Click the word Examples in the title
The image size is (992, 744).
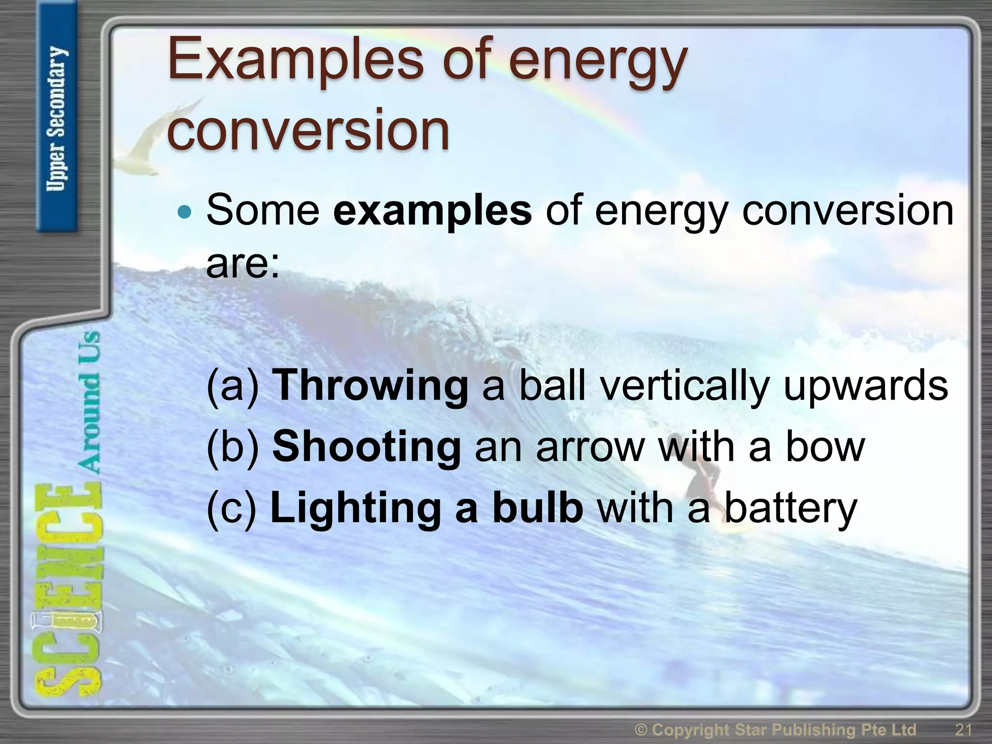(x=295, y=62)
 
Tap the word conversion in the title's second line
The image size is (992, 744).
(x=308, y=130)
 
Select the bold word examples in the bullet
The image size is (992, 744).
(x=432, y=211)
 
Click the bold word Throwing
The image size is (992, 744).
(x=370, y=386)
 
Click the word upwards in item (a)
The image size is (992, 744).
(x=865, y=386)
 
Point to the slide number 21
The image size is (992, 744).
(x=963, y=729)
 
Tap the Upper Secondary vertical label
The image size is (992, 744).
(x=57, y=119)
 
